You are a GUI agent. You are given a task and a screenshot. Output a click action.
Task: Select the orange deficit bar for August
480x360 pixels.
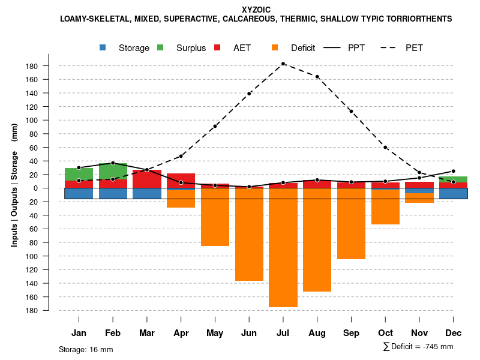pyautogui.click(x=317, y=240)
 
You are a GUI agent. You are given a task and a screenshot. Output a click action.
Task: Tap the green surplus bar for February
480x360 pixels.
pyautogui.click(x=113, y=170)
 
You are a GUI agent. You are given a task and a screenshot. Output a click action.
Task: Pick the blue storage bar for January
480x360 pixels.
pyautogui.click(x=79, y=193)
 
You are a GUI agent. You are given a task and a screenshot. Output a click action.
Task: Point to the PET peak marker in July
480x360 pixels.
pyautogui.click(x=283, y=64)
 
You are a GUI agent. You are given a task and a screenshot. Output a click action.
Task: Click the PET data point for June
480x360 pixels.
pyautogui.click(x=249, y=94)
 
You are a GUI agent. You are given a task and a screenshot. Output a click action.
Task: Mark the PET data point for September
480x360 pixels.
pyautogui.click(x=351, y=111)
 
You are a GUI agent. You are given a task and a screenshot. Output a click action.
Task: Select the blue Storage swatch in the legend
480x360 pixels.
pyautogui.click(x=103, y=47)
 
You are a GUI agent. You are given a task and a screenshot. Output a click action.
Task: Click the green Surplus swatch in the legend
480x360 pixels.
pyautogui.click(x=160, y=47)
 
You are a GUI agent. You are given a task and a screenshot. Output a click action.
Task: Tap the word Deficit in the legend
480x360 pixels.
pyautogui.click(x=303, y=48)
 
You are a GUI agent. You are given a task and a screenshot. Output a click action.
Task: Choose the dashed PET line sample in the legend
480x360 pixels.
pyautogui.click(x=392, y=47)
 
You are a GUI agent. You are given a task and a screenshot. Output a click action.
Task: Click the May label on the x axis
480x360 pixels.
pyautogui.click(x=215, y=333)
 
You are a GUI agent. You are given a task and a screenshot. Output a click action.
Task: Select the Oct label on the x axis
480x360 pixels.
pyautogui.click(x=385, y=333)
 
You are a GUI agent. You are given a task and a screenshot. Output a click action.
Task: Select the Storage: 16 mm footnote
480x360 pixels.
pyautogui.click(x=86, y=349)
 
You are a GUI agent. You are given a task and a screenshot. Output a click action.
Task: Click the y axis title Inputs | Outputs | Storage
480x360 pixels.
pyautogui.click(x=14, y=198)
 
